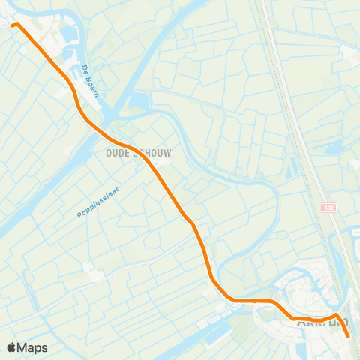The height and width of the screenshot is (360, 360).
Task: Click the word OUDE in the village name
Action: pos(112,152)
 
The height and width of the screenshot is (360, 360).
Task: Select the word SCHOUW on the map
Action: pos(151,152)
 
